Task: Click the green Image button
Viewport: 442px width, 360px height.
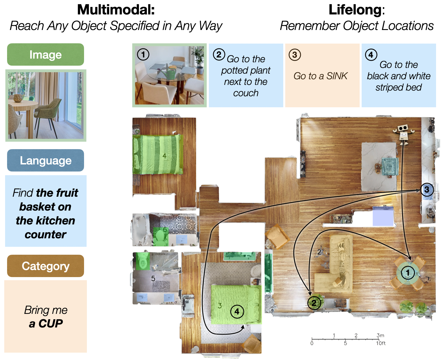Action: tap(46, 55)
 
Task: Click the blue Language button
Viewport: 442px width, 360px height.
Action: tap(46, 160)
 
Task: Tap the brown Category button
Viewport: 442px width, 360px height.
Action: tap(46, 266)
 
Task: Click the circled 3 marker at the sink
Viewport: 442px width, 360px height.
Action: tap(427, 190)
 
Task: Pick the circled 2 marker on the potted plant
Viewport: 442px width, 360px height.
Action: tap(314, 303)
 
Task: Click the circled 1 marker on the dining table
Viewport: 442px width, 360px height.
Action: tap(408, 273)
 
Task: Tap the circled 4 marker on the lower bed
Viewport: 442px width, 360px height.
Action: tap(237, 312)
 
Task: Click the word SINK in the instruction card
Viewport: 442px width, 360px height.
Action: tap(337, 76)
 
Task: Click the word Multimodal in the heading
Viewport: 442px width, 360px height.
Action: tap(116, 10)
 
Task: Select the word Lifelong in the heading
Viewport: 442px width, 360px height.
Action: tap(355, 10)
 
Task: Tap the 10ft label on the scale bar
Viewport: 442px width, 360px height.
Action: tap(381, 343)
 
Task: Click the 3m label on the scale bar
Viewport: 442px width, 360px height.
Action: tap(380, 335)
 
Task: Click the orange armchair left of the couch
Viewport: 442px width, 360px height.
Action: tap(277, 236)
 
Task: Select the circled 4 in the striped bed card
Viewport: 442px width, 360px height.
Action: tap(371, 55)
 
